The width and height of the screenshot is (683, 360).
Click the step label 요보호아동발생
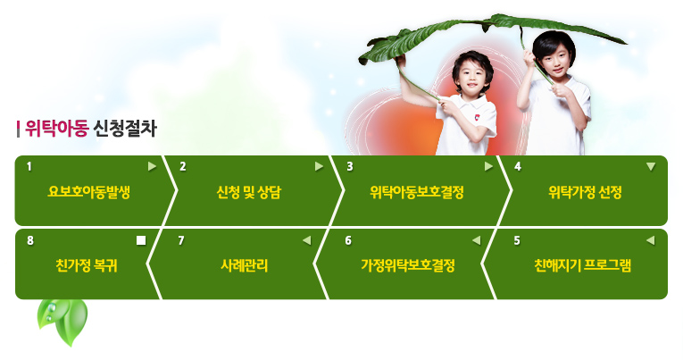89,192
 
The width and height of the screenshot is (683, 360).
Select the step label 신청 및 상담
249,192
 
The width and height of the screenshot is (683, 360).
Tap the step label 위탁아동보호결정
417,192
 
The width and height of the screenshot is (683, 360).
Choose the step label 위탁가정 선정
585,192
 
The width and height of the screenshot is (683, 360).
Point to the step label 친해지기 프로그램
582,265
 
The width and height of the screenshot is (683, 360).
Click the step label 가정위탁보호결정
408,265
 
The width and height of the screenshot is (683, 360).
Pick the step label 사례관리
245,265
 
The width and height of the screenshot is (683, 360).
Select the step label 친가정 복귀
87,265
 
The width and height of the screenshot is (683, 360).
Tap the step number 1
29,166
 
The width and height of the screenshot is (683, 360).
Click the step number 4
518,166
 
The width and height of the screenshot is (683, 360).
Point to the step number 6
348,240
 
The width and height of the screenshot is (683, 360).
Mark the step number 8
30,240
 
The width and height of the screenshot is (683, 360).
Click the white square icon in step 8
141,240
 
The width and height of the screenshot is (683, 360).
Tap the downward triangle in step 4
651,166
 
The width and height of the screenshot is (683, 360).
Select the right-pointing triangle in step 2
320,166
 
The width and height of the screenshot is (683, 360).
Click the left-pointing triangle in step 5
650,240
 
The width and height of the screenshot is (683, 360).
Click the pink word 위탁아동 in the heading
57,128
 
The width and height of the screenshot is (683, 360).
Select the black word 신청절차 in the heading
125,128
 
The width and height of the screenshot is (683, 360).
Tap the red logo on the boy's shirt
477,117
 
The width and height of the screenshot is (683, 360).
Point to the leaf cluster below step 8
63,322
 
